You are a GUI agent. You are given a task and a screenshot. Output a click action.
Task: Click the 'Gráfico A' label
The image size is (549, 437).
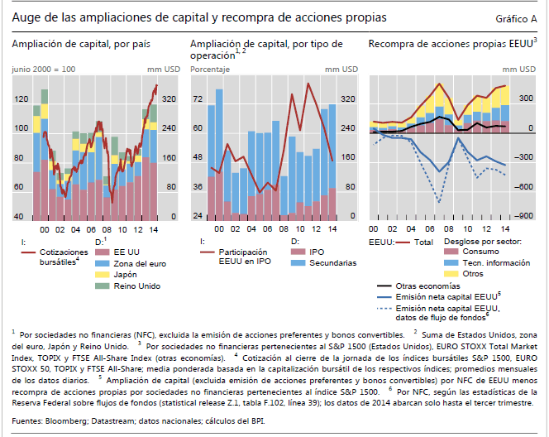point(516,17)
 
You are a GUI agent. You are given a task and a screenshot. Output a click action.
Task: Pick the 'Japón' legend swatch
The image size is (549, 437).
point(102,274)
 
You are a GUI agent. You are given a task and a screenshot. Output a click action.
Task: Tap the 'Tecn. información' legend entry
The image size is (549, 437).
point(495,262)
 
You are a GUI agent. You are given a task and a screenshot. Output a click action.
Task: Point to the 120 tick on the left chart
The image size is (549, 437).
point(19,99)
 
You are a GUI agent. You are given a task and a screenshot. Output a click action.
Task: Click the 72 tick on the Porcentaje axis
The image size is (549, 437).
point(197,99)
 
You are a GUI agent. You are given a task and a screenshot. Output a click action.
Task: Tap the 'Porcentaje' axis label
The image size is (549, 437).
point(210,70)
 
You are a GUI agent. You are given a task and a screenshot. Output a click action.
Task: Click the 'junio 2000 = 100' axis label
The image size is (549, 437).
point(44,70)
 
